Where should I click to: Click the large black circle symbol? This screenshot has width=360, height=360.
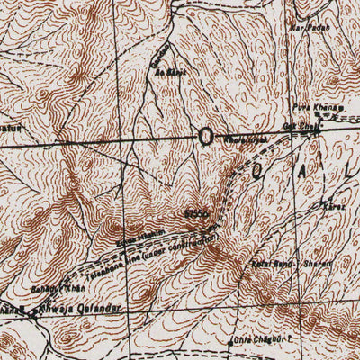206,137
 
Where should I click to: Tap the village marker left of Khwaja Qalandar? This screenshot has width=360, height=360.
28,314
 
